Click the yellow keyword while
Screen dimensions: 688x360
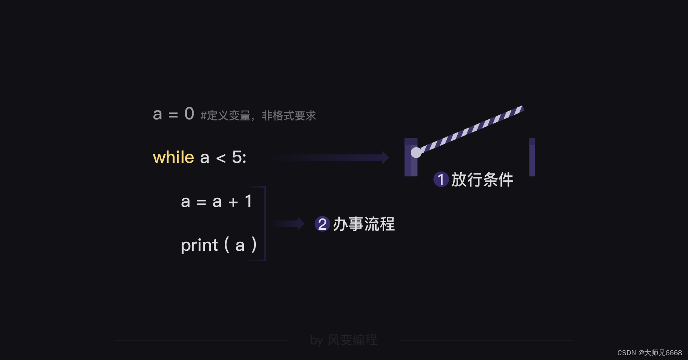coord(173,157)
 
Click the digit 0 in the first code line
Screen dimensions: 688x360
coord(189,114)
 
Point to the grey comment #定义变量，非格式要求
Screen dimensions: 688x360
coord(258,116)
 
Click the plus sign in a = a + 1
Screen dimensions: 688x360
coord(233,202)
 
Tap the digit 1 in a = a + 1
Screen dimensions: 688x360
coord(248,201)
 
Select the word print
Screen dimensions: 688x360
coord(199,246)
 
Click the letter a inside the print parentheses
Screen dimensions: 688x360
coord(240,246)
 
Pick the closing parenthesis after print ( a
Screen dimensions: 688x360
coord(254,244)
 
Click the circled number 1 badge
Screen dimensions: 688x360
coord(441,179)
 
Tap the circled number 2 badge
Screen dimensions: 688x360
coord(322,224)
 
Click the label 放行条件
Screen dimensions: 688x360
coord(482,179)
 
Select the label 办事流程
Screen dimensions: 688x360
coord(364,224)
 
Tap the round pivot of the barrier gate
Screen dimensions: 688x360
coord(416,152)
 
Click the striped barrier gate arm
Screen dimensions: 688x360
coord(473,129)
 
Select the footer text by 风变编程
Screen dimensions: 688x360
coord(343,340)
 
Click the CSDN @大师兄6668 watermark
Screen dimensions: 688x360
coord(649,353)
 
